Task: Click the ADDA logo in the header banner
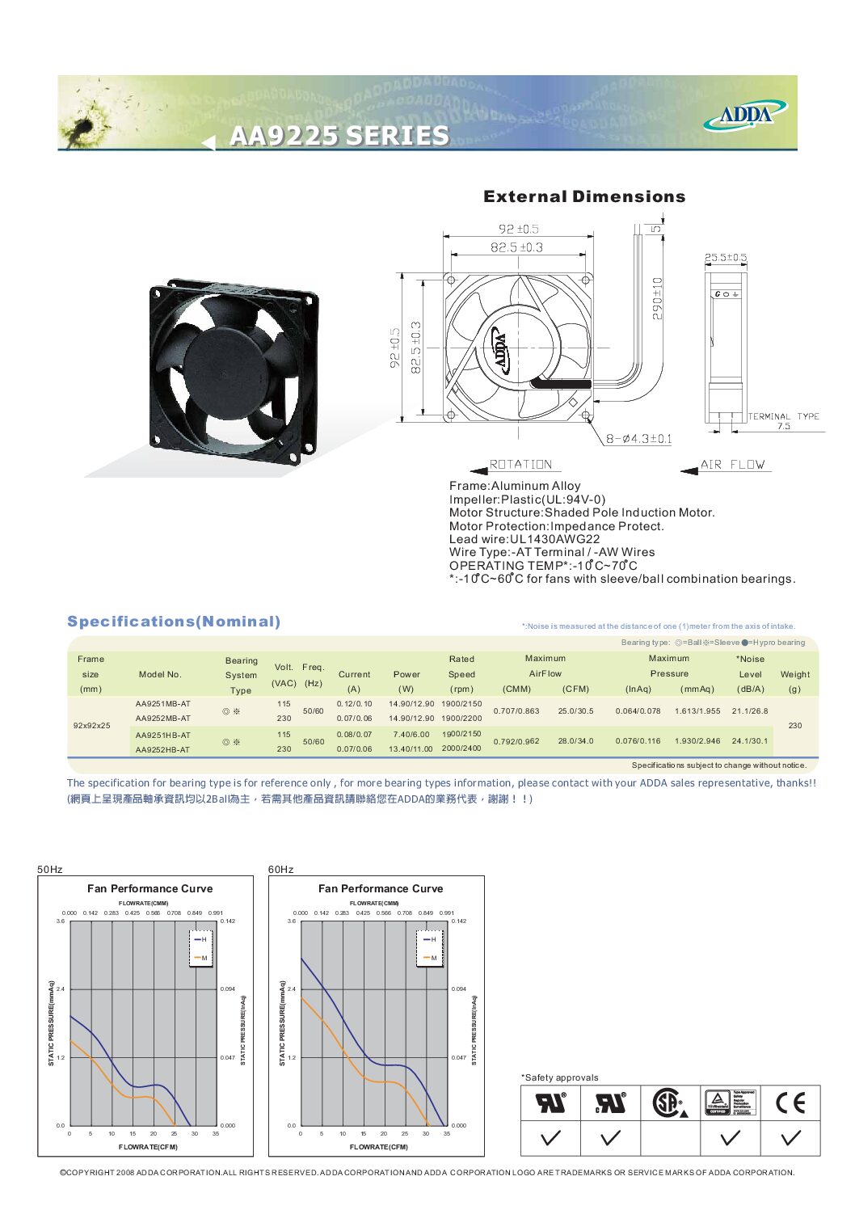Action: pyautogui.click(x=745, y=114)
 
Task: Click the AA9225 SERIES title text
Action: pyautogui.click(x=339, y=135)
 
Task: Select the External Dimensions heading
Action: pyautogui.click(x=584, y=196)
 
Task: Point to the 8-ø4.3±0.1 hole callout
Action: pyautogui.click(x=638, y=439)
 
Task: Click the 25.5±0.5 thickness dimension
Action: pyautogui.click(x=725, y=258)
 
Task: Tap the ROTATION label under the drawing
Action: pyautogui.click(x=520, y=465)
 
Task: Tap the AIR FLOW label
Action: pyautogui.click(x=732, y=465)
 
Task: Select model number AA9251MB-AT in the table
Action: pyautogui.click(x=163, y=704)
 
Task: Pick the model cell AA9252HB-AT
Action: pyautogui.click(x=163, y=750)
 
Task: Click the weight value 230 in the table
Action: pyautogui.click(x=794, y=726)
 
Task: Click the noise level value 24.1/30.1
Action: pyautogui.click(x=749, y=741)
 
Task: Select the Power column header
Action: pyautogui.click(x=406, y=674)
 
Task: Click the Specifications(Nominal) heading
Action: pyautogui.click(x=174, y=622)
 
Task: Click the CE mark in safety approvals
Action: pyautogui.click(x=790, y=1102)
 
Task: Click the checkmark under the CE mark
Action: pyautogui.click(x=791, y=1137)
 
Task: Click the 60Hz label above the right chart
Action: pyautogui.click(x=280, y=870)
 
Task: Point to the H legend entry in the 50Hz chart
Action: pyautogui.click(x=202, y=939)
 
